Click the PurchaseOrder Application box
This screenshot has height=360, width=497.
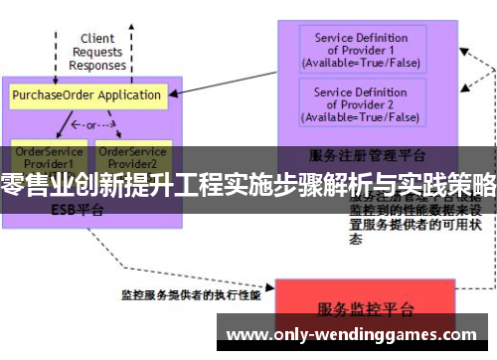tap(86, 95)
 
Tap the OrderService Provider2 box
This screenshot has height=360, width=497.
tap(132, 156)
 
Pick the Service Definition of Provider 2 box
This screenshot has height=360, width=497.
tap(361, 103)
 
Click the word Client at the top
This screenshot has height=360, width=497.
tap(97, 39)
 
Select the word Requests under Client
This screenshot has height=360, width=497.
tap(97, 52)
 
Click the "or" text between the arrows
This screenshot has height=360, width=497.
tap(89, 125)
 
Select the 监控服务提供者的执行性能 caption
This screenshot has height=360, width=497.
tap(191, 295)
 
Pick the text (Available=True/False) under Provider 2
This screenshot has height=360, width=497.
tap(361, 116)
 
